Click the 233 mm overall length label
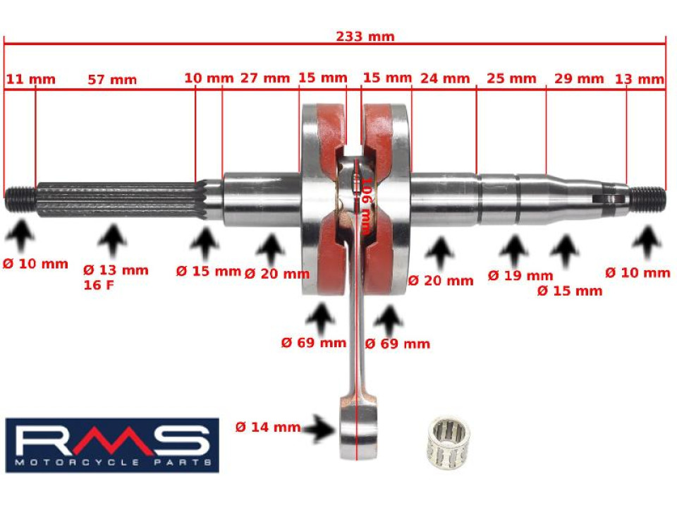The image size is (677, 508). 365,37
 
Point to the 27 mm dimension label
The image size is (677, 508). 265,78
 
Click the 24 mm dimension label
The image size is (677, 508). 444,78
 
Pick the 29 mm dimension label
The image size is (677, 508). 578,78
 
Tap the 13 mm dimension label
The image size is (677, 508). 640,79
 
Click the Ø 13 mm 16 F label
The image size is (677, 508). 116,277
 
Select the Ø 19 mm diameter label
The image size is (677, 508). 520,275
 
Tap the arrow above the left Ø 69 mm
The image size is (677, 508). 323,318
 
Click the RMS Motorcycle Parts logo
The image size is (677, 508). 112,445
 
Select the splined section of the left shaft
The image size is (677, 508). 116,200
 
